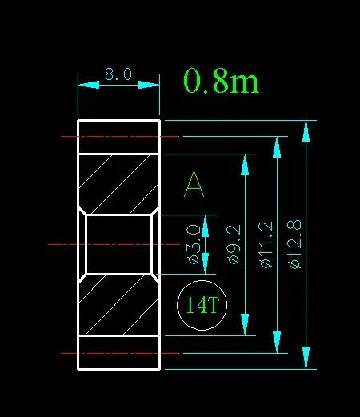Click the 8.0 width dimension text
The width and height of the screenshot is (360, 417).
point(118,74)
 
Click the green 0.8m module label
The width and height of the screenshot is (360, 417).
point(221,81)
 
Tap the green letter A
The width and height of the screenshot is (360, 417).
point(194,184)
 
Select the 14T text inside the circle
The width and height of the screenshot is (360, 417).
point(202,305)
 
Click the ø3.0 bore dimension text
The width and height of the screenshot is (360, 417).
point(194,244)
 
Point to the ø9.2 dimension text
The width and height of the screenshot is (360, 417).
point(234,244)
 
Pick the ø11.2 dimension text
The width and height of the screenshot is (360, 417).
point(266,244)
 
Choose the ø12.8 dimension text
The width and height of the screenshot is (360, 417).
point(295,244)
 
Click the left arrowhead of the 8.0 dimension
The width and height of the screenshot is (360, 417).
point(89,85)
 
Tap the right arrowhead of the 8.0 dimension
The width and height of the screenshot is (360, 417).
point(149,85)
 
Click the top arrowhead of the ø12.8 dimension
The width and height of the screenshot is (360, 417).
point(306,131)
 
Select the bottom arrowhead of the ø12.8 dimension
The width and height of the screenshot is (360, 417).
point(306,358)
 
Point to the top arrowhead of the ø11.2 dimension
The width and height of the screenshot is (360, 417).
point(277,147)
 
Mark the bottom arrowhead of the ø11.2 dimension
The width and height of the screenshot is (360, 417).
point(277,342)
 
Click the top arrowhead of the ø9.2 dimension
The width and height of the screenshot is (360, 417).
point(245,165)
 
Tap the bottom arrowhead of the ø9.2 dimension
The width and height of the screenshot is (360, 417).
point(245,324)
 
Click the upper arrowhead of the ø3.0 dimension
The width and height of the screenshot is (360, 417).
point(205,227)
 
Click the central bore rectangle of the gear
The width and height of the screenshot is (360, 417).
point(119,244)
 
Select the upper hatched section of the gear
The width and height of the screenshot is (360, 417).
point(119,184)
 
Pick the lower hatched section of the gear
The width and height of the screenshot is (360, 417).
point(119,305)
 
